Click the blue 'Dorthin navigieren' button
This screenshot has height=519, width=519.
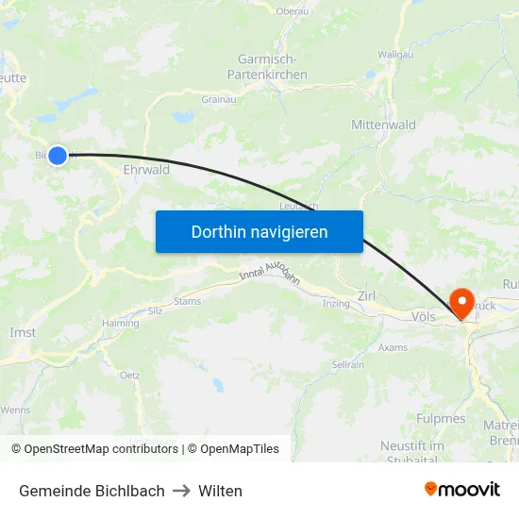[x=259, y=232]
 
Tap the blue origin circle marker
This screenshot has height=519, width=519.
[x=58, y=156]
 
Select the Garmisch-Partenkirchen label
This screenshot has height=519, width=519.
[x=267, y=67]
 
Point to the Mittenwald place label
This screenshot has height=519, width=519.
[x=383, y=125]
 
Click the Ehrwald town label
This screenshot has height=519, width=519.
[x=146, y=170]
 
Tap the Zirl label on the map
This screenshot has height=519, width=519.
[x=367, y=296]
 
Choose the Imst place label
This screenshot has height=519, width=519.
[x=23, y=332]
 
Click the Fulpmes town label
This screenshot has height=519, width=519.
[x=441, y=418]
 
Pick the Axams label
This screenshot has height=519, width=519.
[x=393, y=347]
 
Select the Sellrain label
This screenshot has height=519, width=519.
[x=347, y=364]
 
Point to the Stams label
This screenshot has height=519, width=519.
[x=187, y=302]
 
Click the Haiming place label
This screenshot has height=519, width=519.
[x=120, y=323]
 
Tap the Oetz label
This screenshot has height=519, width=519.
[x=129, y=375]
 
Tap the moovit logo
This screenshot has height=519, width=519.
[x=462, y=489]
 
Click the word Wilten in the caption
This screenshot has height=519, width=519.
[x=220, y=491]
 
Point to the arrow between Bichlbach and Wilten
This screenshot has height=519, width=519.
[x=181, y=491]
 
